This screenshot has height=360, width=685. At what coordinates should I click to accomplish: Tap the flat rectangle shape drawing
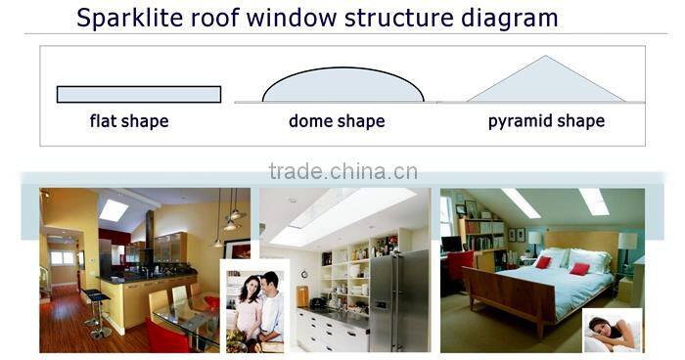pos(138,94)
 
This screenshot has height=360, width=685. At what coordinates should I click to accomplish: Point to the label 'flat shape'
pos(129,122)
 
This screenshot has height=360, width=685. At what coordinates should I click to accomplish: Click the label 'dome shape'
pos(336,122)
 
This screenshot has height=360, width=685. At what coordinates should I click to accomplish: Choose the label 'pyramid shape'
pos(546,122)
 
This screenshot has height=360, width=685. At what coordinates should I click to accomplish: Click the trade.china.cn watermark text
pos(342,173)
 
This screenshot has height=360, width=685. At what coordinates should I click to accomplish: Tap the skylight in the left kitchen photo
pos(114,210)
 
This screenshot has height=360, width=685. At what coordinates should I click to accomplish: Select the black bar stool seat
pos(95,293)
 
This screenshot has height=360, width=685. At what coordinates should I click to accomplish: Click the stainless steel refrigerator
pos(398,299)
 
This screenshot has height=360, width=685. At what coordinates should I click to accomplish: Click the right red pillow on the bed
pos(579,267)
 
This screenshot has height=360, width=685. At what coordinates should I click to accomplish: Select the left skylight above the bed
pos(520,203)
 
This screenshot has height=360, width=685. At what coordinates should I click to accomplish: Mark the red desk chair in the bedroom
pos(459,264)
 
